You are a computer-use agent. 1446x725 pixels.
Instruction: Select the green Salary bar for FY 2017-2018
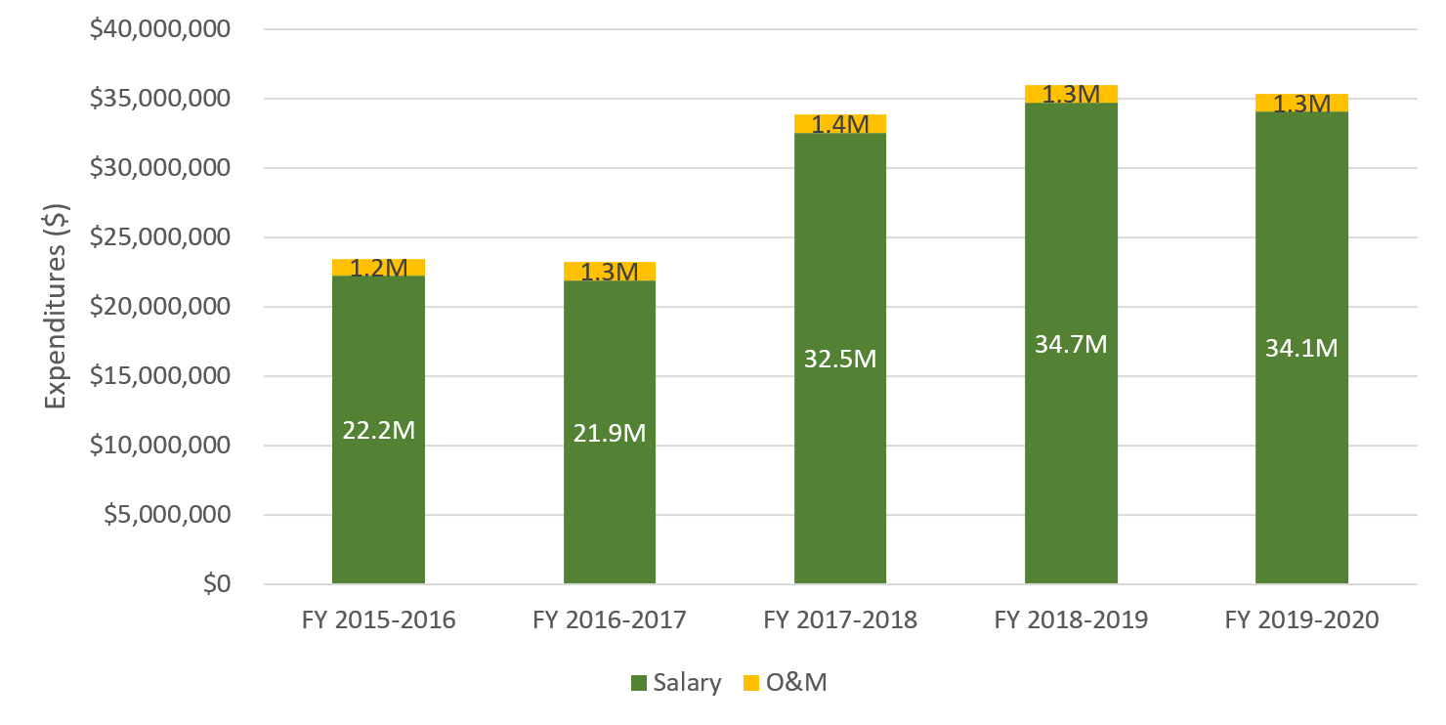click(839, 469)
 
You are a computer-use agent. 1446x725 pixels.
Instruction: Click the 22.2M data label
click(378, 431)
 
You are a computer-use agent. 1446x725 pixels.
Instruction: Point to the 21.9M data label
click(609, 433)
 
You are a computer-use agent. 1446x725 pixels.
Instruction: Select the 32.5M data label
click(839, 359)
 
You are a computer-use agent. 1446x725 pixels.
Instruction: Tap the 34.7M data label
click(1070, 344)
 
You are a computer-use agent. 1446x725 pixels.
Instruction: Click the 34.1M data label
click(1300, 348)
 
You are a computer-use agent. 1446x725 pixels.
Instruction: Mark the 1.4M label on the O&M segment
click(839, 125)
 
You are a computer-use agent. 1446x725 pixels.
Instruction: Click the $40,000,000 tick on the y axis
click(159, 29)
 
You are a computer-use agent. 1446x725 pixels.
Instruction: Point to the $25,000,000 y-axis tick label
click(159, 237)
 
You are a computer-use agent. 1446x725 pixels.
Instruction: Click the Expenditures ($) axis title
click(56, 307)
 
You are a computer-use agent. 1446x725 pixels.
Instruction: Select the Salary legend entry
click(676, 683)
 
